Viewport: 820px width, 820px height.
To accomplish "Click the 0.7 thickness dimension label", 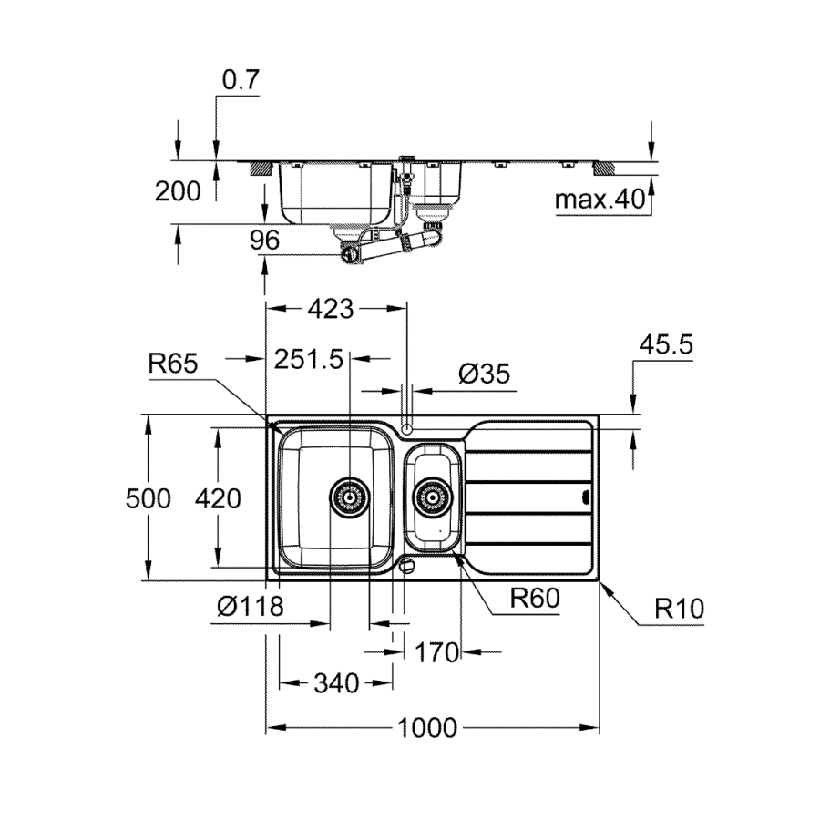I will tap(241, 80).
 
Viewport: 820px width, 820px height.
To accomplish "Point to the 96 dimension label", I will tap(262, 240).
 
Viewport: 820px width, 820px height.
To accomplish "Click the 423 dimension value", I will tap(330, 309).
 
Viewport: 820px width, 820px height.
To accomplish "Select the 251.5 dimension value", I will tap(308, 359).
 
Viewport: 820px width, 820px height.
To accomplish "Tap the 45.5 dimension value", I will tap(667, 344).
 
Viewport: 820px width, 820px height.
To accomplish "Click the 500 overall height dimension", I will tap(149, 498).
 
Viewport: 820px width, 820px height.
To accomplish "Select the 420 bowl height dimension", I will tap(219, 498).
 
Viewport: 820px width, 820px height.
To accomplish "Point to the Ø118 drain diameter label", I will tap(251, 604).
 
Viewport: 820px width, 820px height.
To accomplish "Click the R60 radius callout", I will tap(533, 599).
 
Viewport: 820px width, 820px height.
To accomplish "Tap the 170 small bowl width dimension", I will tap(436, 651).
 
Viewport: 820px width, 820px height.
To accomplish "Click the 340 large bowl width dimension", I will tap(334, 682).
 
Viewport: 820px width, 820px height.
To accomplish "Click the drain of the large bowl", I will tap(349, 497).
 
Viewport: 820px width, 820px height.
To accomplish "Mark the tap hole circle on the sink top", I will tap(407, 425).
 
